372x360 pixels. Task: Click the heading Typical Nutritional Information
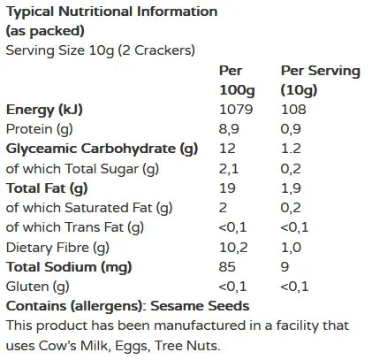[x=111, y=12]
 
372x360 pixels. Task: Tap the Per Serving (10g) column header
[x=321, y=80]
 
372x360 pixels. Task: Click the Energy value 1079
[x=236, y=110]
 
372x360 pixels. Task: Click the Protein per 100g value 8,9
[x=230, y=129]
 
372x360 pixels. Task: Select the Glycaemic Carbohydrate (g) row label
[x=101, y=149]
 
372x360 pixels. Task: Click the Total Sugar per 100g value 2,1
[x=229, y=168]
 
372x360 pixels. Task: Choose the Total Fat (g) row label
[x=47, y=188]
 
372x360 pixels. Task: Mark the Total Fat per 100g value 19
[x=227, y=188]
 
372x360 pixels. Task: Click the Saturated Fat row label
[x=88, y=208]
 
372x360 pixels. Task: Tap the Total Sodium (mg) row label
[x=68, y=266]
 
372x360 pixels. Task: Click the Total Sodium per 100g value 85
[x=228, y=266]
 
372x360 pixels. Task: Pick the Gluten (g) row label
[x=36, y=286]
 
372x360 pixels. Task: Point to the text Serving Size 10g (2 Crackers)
[x=101, y=50]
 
